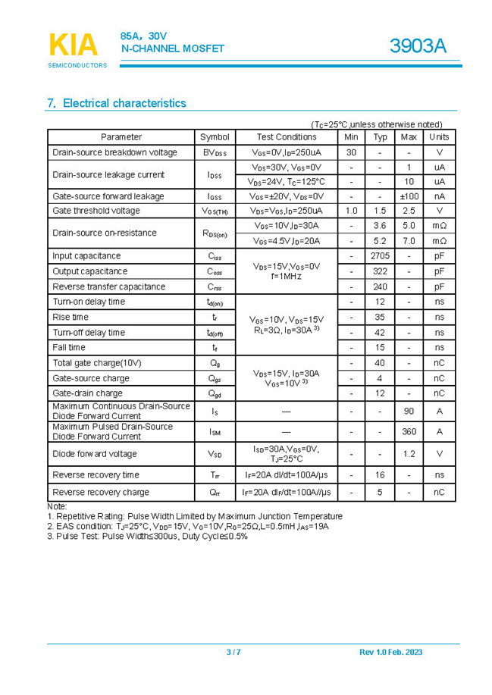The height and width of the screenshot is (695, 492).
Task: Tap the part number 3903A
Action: pos(418,46)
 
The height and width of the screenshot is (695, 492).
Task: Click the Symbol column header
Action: pos(215,137)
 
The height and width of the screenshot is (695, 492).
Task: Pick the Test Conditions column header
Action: pos(287,137)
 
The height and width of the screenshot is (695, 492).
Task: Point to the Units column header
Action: pos(439,137)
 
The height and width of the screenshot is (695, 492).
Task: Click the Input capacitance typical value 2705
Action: pos(380,256)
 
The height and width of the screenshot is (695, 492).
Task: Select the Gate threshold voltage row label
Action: pos(96,211)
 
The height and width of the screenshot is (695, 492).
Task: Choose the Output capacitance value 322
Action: pos(380,271)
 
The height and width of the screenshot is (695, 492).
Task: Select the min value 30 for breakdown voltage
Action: pos(351,152)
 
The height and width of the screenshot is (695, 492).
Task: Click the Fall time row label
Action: pos(69,347)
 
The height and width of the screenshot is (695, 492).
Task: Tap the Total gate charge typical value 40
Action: pos(380,363)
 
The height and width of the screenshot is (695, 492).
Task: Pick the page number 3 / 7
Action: pos(233,653)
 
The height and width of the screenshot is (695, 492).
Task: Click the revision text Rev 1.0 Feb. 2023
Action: pos(390,653)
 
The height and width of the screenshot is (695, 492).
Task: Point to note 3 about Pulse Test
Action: pos(147,536)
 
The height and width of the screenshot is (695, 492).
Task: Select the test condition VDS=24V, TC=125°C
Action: pos(287,182)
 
